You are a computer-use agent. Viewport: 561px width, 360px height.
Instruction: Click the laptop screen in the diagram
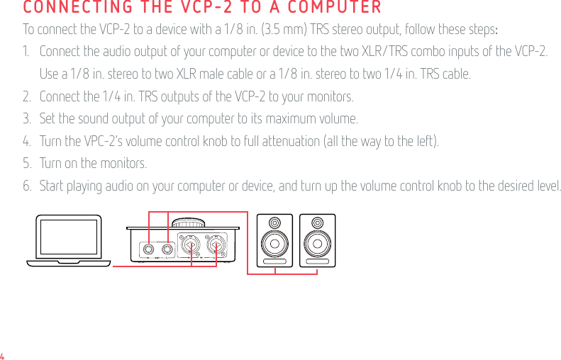[x=69, y=237]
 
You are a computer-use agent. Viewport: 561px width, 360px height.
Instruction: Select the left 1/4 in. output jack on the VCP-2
[x=150, y=249]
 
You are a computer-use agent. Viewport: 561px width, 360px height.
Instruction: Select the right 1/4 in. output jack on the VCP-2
[x=167, y=249]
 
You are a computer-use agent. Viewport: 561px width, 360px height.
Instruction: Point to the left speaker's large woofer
[x=274, y=244]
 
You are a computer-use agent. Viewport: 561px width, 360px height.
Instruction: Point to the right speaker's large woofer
[x=317, y=244]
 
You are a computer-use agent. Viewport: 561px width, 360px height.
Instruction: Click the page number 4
[x=3, y=355]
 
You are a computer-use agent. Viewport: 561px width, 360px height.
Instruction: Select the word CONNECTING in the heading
[x=69, y=9]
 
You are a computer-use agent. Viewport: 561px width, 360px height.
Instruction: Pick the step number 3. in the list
[x=27, y=118]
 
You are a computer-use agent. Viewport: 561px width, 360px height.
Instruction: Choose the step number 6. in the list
[x=27, y=186]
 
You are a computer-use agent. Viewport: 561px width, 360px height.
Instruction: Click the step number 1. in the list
[x=27, y=52]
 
